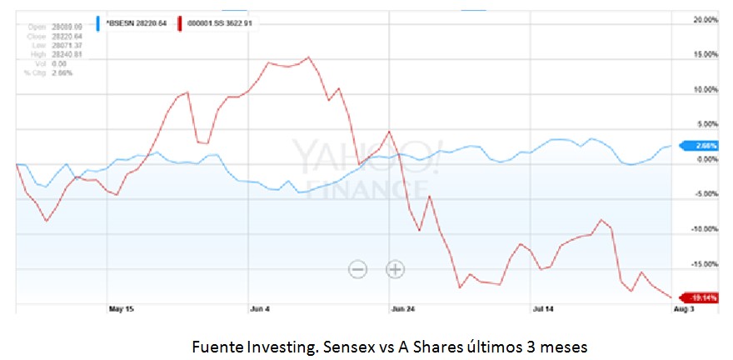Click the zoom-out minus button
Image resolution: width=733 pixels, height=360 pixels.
[x=357, y=268]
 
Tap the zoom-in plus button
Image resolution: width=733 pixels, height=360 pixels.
[x=395, y=268]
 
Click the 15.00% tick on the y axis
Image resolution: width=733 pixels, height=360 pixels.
[x=705, y=54]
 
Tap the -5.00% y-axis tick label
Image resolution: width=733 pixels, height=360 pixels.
[x=705, y=194]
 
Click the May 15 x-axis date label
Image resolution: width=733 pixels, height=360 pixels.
[x=122, y=309]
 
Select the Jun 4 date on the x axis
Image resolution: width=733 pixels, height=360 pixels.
[x=260, y=309]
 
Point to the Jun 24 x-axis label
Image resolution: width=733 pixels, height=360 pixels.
[x=403, y=309]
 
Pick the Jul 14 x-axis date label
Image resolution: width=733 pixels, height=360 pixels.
[x=543, y=309]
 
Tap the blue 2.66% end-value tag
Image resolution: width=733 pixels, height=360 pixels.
[x=700, y=145]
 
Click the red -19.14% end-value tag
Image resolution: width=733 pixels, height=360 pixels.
[x=699, y=297]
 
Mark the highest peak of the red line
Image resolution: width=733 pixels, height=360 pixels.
[x=308, y=57]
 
